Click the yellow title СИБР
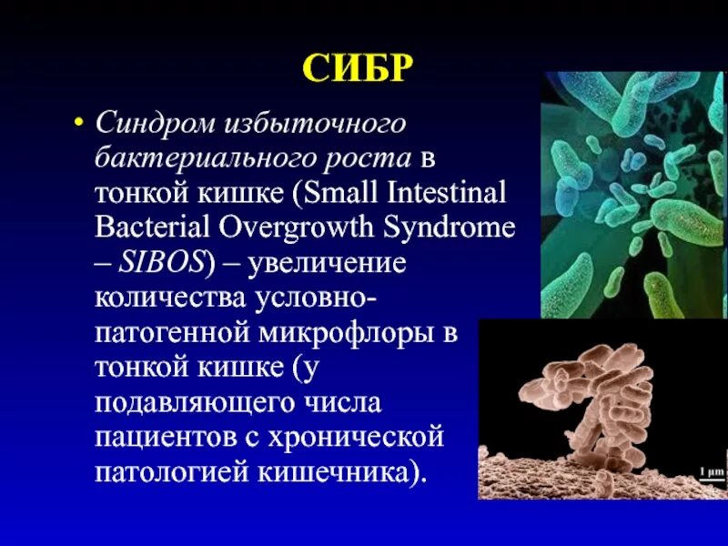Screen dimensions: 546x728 [x=357, y=67]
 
